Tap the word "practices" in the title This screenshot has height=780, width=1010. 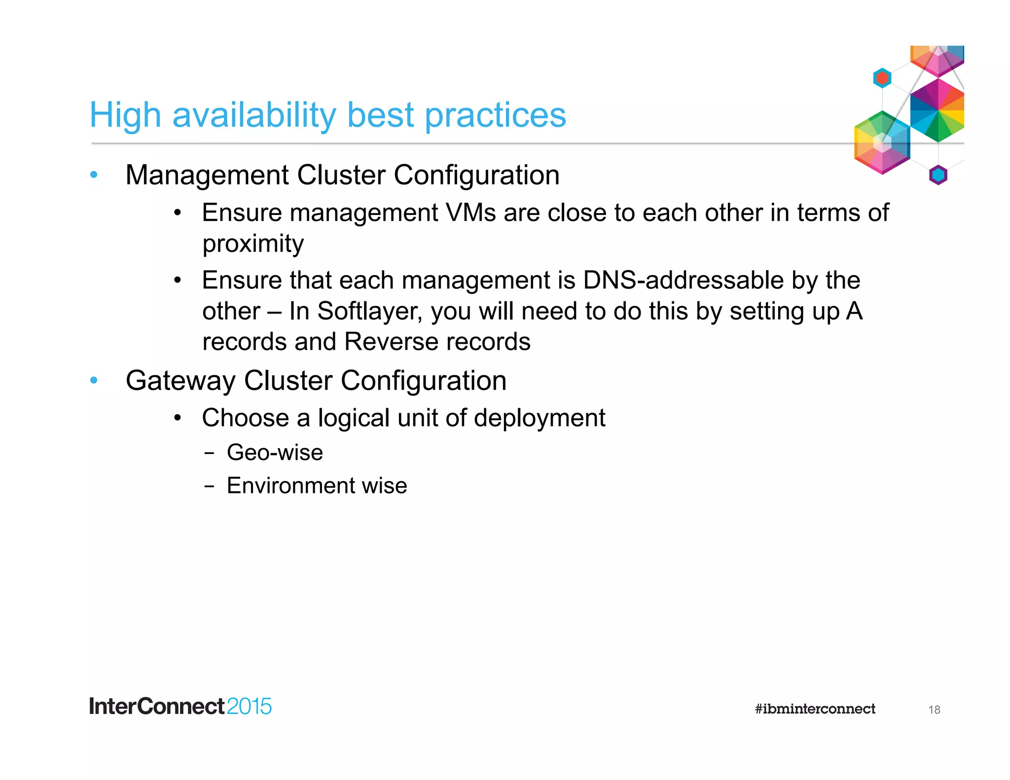tap(495, 115)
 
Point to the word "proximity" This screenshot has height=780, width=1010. tap(253, 244)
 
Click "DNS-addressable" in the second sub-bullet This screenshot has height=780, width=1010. tap(683, 281)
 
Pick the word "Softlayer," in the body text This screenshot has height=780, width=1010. tap(370, 311)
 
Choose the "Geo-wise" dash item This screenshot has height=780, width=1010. tap(275, 453)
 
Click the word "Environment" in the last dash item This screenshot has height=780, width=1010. tap(290, 486)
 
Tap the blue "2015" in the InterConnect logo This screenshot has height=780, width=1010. tap(249, 707)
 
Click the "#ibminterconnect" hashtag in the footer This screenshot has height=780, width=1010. tap(815, 709)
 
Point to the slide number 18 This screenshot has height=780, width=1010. tap(934, 710)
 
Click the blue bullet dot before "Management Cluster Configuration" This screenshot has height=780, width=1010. tap(94, 175)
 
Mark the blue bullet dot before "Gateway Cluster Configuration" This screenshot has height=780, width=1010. tap(94, 380)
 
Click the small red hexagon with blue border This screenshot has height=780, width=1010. tap(882, 78)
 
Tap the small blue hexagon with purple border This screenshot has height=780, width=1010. tap(938, 175)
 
